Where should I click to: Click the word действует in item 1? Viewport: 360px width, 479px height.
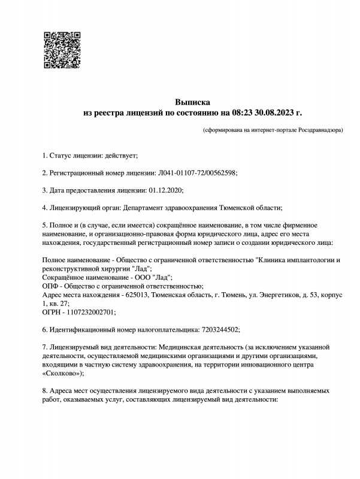click(121, 156)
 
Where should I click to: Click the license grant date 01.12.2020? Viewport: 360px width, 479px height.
click(165, 190)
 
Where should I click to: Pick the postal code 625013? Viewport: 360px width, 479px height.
click(137, 295)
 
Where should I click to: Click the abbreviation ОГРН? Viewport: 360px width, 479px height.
click(52, 312)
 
